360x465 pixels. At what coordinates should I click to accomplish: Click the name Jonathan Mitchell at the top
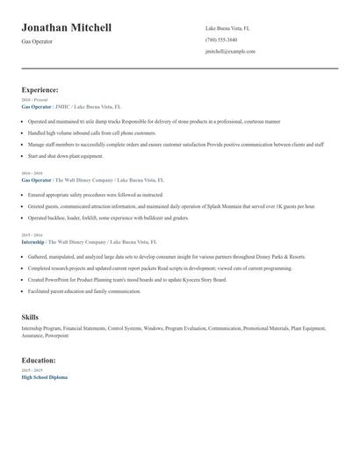(67, 28)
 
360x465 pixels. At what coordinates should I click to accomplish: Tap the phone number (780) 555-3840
(221, 39)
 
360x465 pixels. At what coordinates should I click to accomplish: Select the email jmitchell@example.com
(230, 52)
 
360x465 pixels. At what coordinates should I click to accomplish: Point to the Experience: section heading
(40, 89)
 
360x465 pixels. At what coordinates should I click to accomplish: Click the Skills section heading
(30, 317)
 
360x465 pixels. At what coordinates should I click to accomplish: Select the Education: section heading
(39, 361)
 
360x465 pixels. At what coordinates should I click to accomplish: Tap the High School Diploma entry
(45, 377)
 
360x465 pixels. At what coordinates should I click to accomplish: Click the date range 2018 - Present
(32, 100)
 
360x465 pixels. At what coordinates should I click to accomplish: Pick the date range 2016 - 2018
(31, 174)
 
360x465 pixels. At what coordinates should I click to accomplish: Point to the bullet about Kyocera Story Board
(127, 280)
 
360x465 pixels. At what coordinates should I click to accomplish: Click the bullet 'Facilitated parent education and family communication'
(84, 291)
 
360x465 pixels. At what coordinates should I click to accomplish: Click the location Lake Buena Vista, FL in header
(227, 28)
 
